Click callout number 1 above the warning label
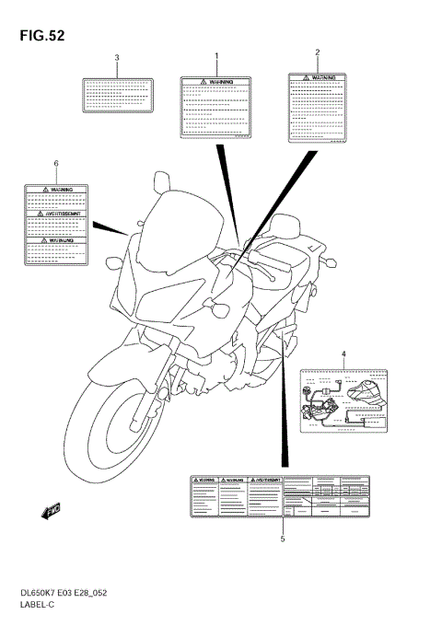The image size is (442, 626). (x=216, y=56)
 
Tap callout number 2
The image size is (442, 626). (x=318, y=52)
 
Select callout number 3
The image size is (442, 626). (x=117, y=58)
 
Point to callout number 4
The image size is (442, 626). (x=343, y=354)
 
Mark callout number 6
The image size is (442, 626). (x=56, y=163)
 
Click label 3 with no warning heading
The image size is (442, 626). (x=117, y=95)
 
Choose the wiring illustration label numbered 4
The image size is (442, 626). (x=343, y=397)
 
